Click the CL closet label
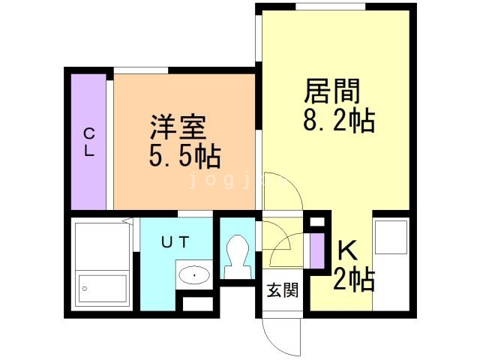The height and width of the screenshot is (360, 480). pos(88,142)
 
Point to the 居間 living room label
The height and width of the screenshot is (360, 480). pos(332,91)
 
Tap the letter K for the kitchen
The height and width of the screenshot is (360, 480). pos(346,249)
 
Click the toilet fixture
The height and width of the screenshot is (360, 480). pos(239,256)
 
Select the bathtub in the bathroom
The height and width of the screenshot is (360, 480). pos(103,289)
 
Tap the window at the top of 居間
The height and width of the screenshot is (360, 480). pos(330,7)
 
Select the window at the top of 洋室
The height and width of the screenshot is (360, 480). pos(141,71)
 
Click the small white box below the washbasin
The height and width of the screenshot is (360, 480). pos(196,303)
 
